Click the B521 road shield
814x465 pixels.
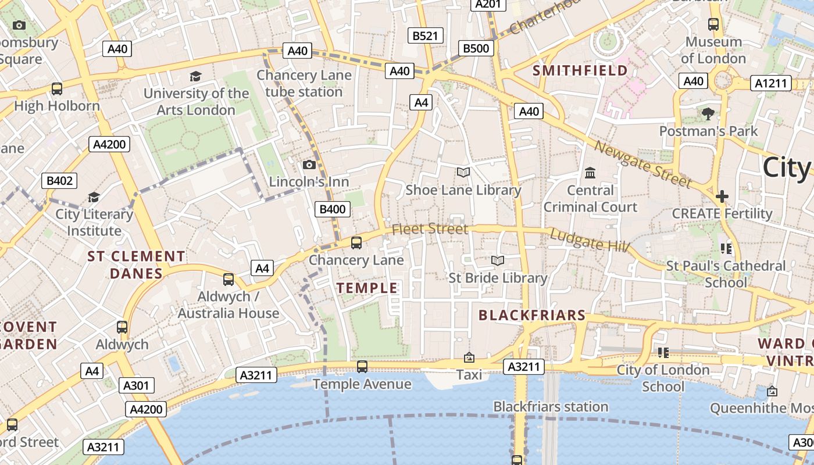coord(424,36)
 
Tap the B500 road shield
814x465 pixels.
coord(476,48)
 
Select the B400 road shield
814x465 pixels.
coord(333,209)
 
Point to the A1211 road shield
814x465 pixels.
coord(771,84)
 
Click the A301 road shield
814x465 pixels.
coord(137,385)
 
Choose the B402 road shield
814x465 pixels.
coord(59,181)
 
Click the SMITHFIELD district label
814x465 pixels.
coord(580,71)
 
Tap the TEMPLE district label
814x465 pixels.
coord(367,288)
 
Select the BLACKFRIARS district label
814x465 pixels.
coord(531,315)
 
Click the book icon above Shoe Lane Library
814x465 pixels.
coord(463,173)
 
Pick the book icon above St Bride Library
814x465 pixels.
coord(498,260)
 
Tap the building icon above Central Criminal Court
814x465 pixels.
coord(590,173)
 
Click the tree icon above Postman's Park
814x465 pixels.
coord(708,113)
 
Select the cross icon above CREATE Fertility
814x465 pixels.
coord(722,196)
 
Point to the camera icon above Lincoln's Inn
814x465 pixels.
coord(309,165)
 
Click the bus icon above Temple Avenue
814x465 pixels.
coord(362,366)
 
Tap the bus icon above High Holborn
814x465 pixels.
coord(57,89)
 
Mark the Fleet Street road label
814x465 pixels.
coord(430,229)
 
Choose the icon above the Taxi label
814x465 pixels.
coord(469,357)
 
